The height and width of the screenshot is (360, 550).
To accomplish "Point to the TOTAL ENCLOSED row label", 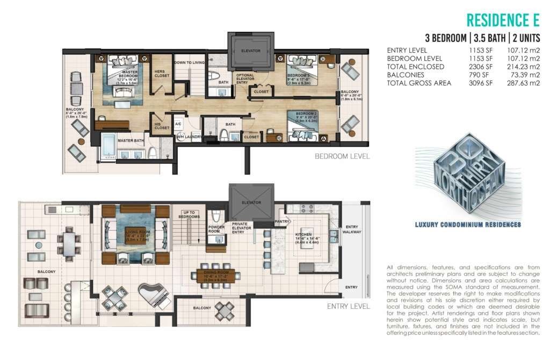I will [415, 67].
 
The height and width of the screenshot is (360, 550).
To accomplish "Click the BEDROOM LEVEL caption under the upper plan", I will [342, 157].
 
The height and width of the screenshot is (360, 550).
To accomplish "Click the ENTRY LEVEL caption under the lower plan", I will [349, 307].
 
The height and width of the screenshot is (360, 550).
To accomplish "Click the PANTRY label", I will [282, 221].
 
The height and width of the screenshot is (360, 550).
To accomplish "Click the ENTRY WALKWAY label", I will [353, 229].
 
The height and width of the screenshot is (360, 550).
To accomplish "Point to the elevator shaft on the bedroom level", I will [251, 51].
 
